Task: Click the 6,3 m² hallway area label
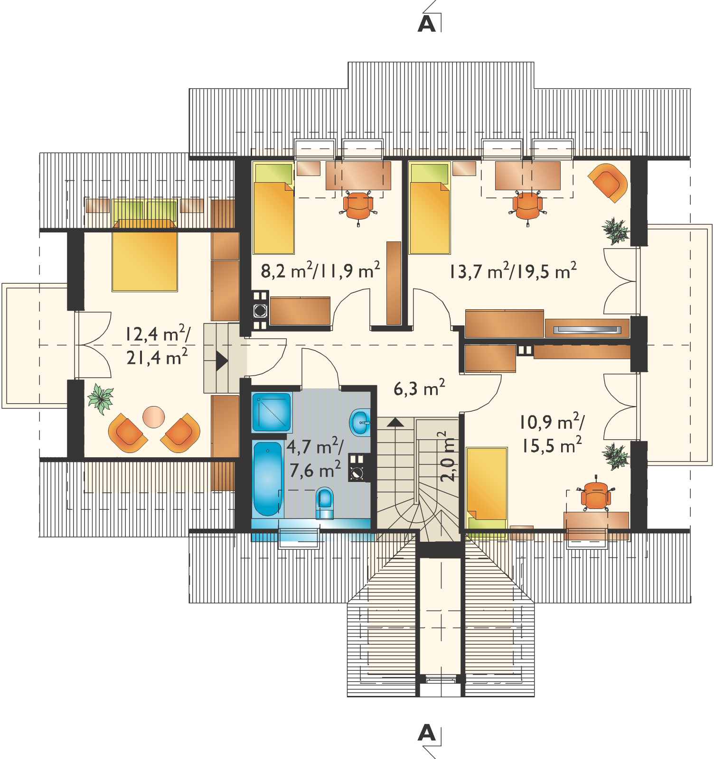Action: click(x=419, y=389)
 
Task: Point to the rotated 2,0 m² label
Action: click(x=449, y=455)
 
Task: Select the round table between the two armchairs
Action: click(x=154, y=417)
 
